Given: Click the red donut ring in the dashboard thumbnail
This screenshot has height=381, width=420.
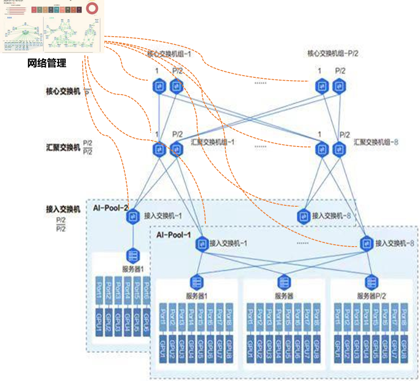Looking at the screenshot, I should click(x=93, y=8).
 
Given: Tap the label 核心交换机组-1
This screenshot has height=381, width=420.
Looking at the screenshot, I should click(x=165, y=54).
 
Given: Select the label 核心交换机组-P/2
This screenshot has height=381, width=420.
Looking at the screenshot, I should click(x=333, y=53).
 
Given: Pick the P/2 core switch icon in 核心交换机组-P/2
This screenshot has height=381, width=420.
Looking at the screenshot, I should click(x=339, y=86).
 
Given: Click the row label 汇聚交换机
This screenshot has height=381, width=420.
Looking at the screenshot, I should click(x=63, y=147).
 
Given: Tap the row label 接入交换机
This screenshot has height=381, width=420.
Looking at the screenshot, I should click(x=63, y=209).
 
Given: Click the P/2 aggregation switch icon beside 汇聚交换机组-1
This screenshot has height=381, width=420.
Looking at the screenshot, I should click(x=176, y=149).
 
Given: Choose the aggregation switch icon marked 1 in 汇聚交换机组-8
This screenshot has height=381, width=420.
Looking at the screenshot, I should click(x=321, y=149).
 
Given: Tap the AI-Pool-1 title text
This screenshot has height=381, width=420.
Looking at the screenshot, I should click(x=173, y=235).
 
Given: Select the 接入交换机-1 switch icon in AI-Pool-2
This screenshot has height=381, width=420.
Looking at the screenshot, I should click(x=134, y=216).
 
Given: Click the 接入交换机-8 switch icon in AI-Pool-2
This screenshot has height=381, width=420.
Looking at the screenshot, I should click(x=304, y=216).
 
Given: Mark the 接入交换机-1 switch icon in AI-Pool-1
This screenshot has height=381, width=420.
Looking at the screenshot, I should click(x=202, y=242).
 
